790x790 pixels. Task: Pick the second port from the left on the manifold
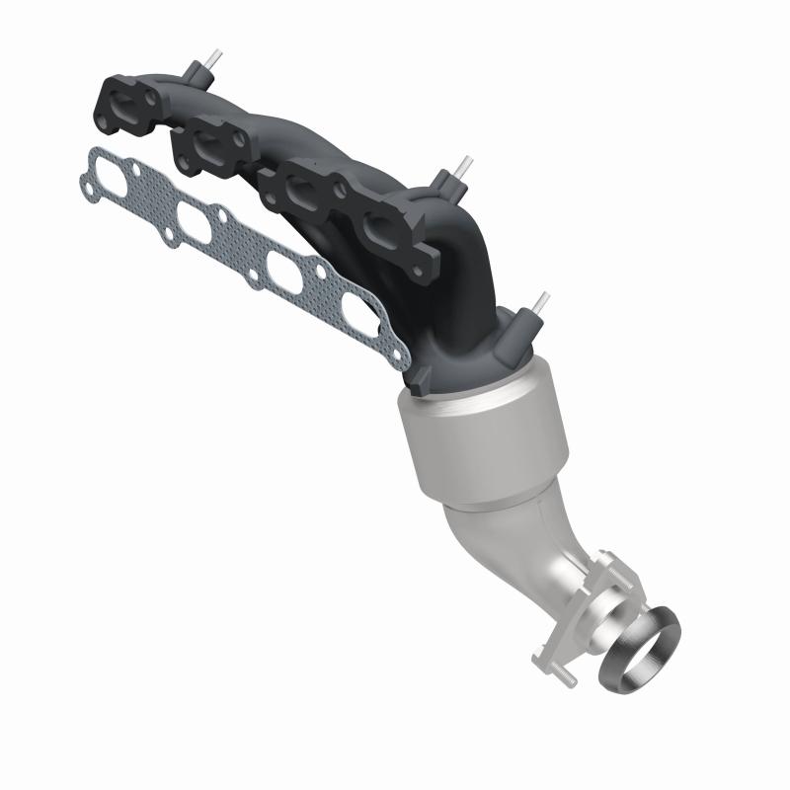point(209,141)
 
